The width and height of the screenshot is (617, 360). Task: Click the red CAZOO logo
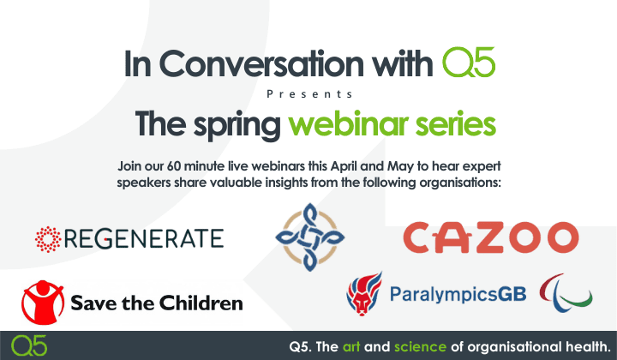(x=490, y=237)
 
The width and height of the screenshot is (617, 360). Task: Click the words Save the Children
(x=158, y=303)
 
